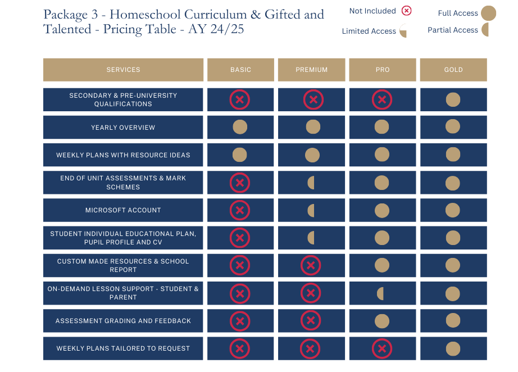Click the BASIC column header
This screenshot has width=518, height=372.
240,70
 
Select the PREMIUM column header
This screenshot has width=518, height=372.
311,70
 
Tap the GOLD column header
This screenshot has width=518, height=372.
453,70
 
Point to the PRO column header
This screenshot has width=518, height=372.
382,70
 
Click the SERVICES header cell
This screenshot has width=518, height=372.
123,70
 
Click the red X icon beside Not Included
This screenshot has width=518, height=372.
406,11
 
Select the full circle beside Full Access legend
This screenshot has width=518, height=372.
488,13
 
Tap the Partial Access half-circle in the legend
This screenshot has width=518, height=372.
485,30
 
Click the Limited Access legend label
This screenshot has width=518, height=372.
369,31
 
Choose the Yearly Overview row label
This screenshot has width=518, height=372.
123,128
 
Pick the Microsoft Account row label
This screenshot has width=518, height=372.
123,210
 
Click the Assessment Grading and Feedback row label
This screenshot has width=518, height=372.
123,321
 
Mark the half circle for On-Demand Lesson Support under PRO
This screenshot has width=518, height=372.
380,293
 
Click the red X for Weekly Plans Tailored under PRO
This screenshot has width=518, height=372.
381,348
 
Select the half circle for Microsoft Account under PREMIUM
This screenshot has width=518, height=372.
311,211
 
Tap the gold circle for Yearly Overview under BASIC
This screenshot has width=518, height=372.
240,127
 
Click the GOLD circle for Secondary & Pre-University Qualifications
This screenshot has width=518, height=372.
453,100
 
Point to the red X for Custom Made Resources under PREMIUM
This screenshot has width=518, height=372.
311,265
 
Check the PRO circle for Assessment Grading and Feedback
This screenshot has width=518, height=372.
381,321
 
